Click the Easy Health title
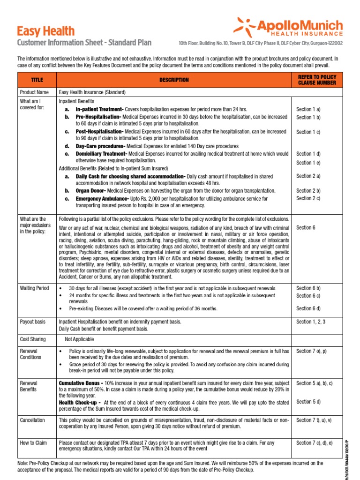pos(45,31)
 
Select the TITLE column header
pos(37,80)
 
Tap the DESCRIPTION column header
pos(174,80)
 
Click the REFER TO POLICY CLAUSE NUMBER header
pos(317,80)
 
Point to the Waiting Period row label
pos(34,288)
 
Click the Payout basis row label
pos(33,322)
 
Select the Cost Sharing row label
pos(33,339)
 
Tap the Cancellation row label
pos(32,420)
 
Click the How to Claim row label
pos(33,443)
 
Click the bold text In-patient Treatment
pos(99,109)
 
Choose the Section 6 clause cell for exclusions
pos(306,227)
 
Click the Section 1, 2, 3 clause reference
pos(311,322)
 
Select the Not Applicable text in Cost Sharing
pos(79,339)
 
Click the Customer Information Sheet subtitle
pos(84,43)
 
